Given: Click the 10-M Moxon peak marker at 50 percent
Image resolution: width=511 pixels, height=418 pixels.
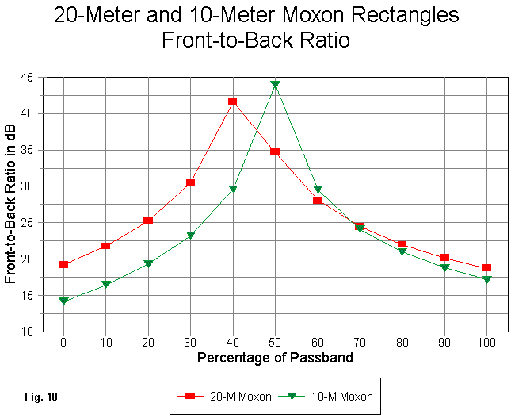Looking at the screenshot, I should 275,84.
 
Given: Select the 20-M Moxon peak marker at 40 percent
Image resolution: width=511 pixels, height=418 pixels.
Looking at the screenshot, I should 233,102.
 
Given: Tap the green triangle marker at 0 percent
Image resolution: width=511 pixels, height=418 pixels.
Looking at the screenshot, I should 63,301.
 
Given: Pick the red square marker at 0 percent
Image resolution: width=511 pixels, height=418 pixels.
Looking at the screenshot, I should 63,264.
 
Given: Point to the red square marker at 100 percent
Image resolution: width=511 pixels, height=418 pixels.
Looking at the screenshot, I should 487,268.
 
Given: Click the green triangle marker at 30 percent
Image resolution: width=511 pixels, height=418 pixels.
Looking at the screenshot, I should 190,236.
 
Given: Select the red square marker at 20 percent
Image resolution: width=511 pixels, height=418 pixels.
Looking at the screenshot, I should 148,221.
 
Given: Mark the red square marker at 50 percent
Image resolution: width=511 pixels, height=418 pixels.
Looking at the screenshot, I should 275,151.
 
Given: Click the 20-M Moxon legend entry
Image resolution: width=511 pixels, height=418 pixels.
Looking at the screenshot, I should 226,395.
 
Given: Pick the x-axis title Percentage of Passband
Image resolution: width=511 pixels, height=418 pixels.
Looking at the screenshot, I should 275,358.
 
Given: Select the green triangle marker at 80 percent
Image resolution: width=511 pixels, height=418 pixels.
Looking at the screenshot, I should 402,252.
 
